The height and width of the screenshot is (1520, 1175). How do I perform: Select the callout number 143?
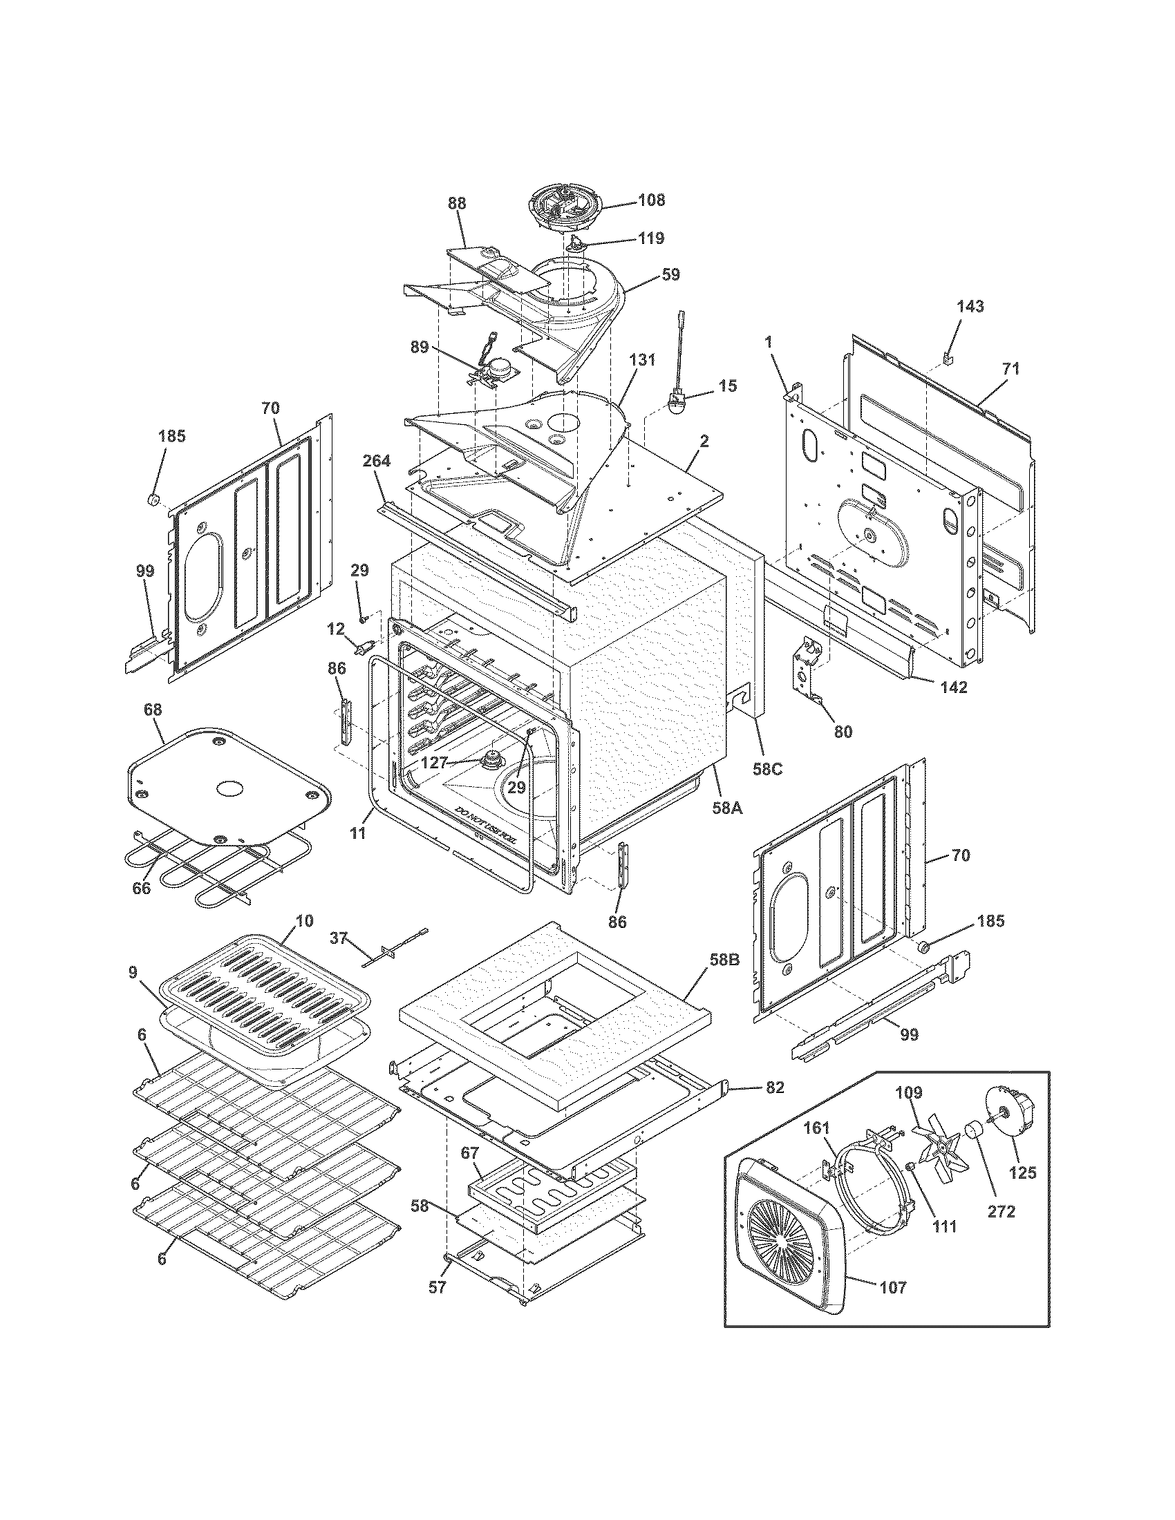click(x=970, y=307)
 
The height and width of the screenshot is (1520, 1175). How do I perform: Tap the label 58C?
click(x=767, y=770)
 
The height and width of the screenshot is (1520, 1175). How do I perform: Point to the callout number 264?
click(x=376, y=461)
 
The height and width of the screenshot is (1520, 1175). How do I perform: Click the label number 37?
click(x=338, y=939)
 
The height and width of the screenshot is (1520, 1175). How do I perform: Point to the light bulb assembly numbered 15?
click(x=675, y=404)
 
